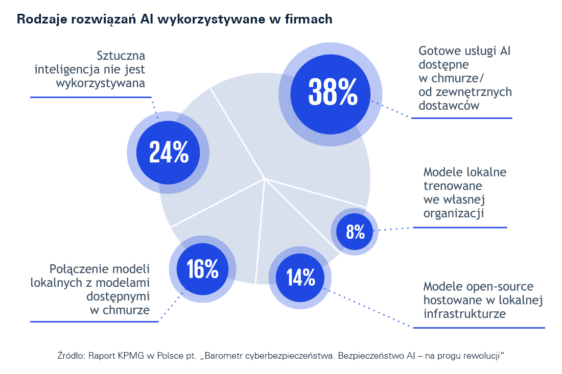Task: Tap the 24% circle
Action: pyautogui.click(x=168, y=152)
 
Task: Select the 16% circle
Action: pyautogui.click(x=202, y=269)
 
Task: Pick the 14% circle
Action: pyautogui.click(x=300, y=278)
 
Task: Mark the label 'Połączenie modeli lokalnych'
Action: pyautogui.click(x=90, y=289)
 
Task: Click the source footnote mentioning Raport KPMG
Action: pyautogui.click(x=280, y=355)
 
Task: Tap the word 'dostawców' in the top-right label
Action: pyautogui.click(x=449, y=106)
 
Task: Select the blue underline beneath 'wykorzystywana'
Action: pyautogui.click(x=91, y=97)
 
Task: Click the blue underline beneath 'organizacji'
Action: pyautogui.click(x=460, y=228)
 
